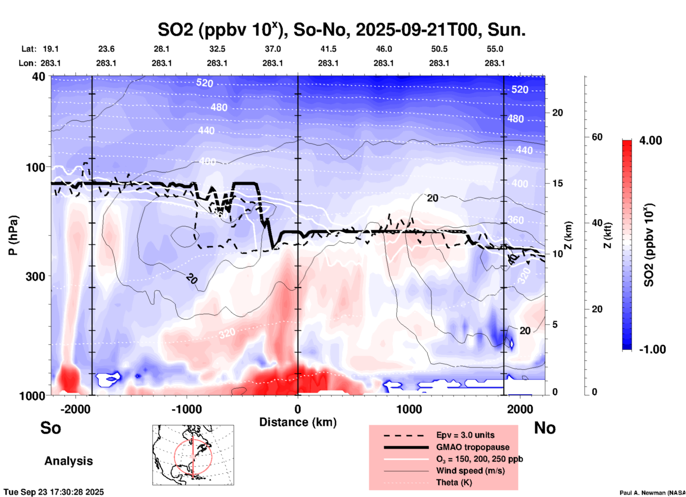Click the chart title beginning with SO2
341,30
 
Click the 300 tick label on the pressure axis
36,276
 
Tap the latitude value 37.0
272,49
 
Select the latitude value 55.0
495,49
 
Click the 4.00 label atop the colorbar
650,140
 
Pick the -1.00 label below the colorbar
652,349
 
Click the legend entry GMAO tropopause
473,447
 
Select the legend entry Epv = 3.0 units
465,435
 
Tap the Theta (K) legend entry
454,482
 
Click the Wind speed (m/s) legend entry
470,471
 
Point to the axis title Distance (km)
298,422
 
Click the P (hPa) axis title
14,235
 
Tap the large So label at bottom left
51,428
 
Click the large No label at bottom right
545,428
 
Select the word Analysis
68,461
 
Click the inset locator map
193,455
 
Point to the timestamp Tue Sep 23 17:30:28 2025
54,492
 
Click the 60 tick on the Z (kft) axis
597,137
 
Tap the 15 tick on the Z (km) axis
557,183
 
